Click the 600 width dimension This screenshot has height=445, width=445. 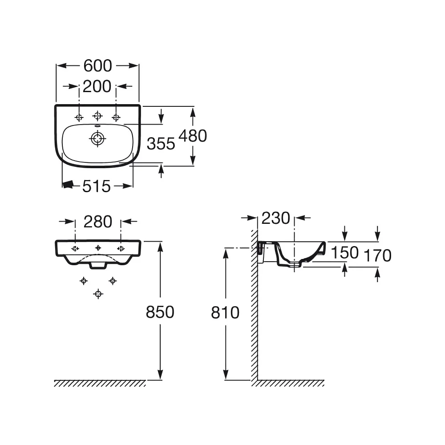97,66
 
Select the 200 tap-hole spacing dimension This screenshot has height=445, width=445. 97,86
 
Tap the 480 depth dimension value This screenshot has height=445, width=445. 193,136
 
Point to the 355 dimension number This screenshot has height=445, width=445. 161,144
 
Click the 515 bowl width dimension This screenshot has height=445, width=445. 97,186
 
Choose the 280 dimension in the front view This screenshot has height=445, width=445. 98,222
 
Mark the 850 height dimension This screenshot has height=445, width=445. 160,312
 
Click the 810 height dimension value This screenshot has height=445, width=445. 225,312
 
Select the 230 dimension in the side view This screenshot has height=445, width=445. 276,218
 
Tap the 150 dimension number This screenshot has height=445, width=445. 345,252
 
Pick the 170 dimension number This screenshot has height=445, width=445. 377,255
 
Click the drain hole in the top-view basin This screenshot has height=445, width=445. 97,139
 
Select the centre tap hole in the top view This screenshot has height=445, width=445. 97,116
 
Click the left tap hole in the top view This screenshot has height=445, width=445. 79,117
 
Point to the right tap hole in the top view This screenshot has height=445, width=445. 116,117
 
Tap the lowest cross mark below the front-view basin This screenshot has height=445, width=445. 98,294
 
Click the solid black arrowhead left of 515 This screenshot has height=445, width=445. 68,185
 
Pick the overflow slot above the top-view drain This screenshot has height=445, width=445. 97,126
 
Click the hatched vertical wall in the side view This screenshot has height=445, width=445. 254,305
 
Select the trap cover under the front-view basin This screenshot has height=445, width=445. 98,265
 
